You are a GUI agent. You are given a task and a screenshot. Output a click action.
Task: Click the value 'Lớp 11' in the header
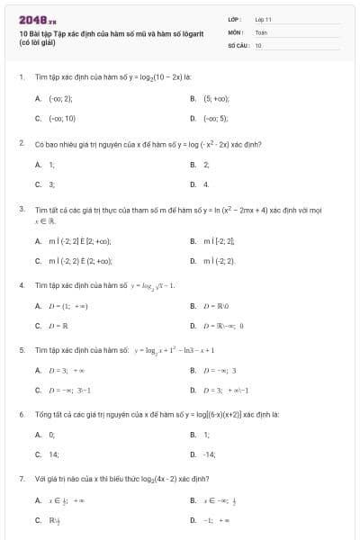point(263,18)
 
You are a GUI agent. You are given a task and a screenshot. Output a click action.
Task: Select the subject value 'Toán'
point(260,31)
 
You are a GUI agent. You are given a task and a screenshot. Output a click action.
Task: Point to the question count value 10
point(257,44)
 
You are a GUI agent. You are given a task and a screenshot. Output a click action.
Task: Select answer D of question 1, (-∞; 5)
point(215,118)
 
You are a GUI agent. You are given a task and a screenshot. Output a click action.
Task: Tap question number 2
point(22,143)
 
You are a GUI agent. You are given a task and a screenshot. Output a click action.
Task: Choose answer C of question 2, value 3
point(51,184)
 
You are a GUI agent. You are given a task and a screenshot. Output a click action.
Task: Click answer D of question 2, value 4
point(206,184)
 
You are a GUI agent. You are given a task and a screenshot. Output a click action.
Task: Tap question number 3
point(22,209)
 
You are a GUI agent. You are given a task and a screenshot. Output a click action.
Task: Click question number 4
point(22,285)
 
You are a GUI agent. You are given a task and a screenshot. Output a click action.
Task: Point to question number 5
point(22,350)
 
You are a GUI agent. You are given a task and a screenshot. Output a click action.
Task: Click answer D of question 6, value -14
point(209,454)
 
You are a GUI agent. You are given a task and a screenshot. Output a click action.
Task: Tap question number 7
point(22,479)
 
